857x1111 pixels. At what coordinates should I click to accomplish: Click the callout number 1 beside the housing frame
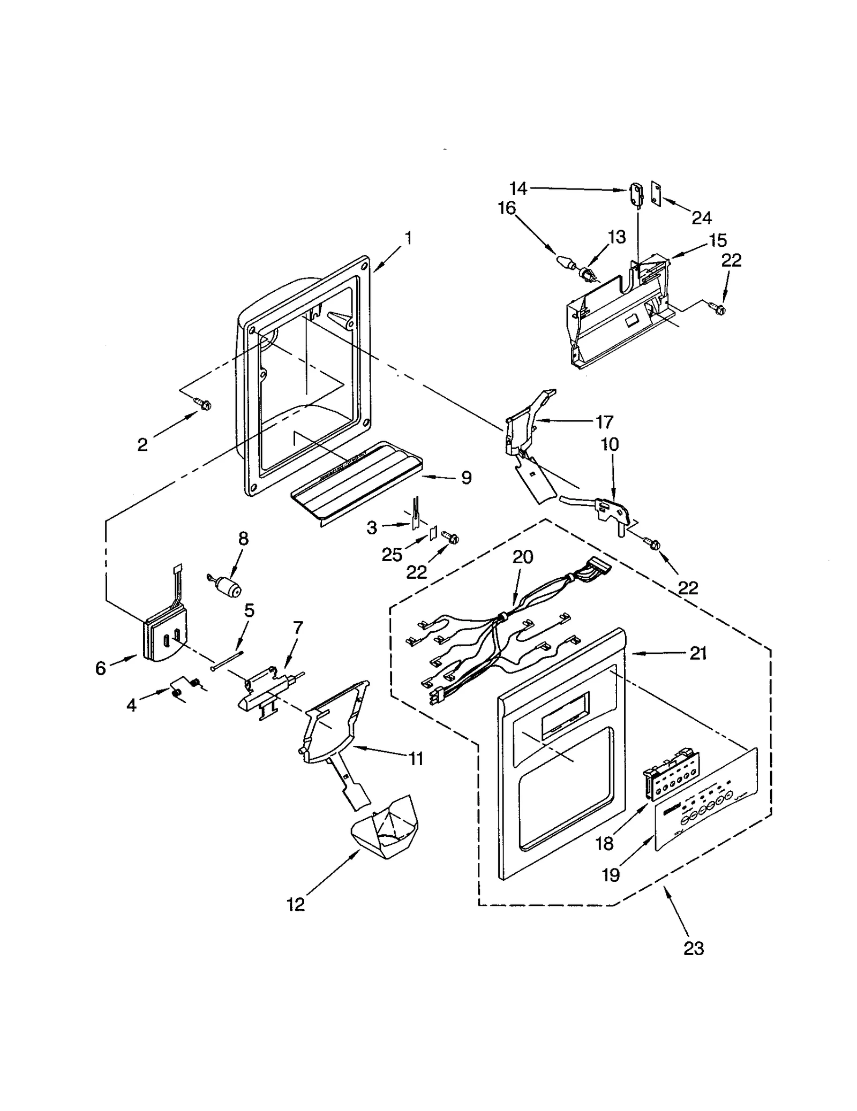[x=408, y=238]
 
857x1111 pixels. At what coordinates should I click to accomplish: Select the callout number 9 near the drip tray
[x=466, y=478]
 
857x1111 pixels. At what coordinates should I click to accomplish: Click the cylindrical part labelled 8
[x=229, y=589]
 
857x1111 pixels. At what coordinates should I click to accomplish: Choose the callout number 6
[x=101, y=668]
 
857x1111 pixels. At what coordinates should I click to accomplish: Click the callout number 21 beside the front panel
[x=698, y=653]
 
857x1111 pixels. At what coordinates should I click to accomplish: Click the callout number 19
[x=611, y=875]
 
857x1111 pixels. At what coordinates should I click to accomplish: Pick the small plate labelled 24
[x=655, y=191]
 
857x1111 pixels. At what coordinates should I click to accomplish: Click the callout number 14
[x=518, y=188]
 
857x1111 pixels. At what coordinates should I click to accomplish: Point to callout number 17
[x=604, y=422]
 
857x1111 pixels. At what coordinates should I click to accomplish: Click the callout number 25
[x=392, y=555]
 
